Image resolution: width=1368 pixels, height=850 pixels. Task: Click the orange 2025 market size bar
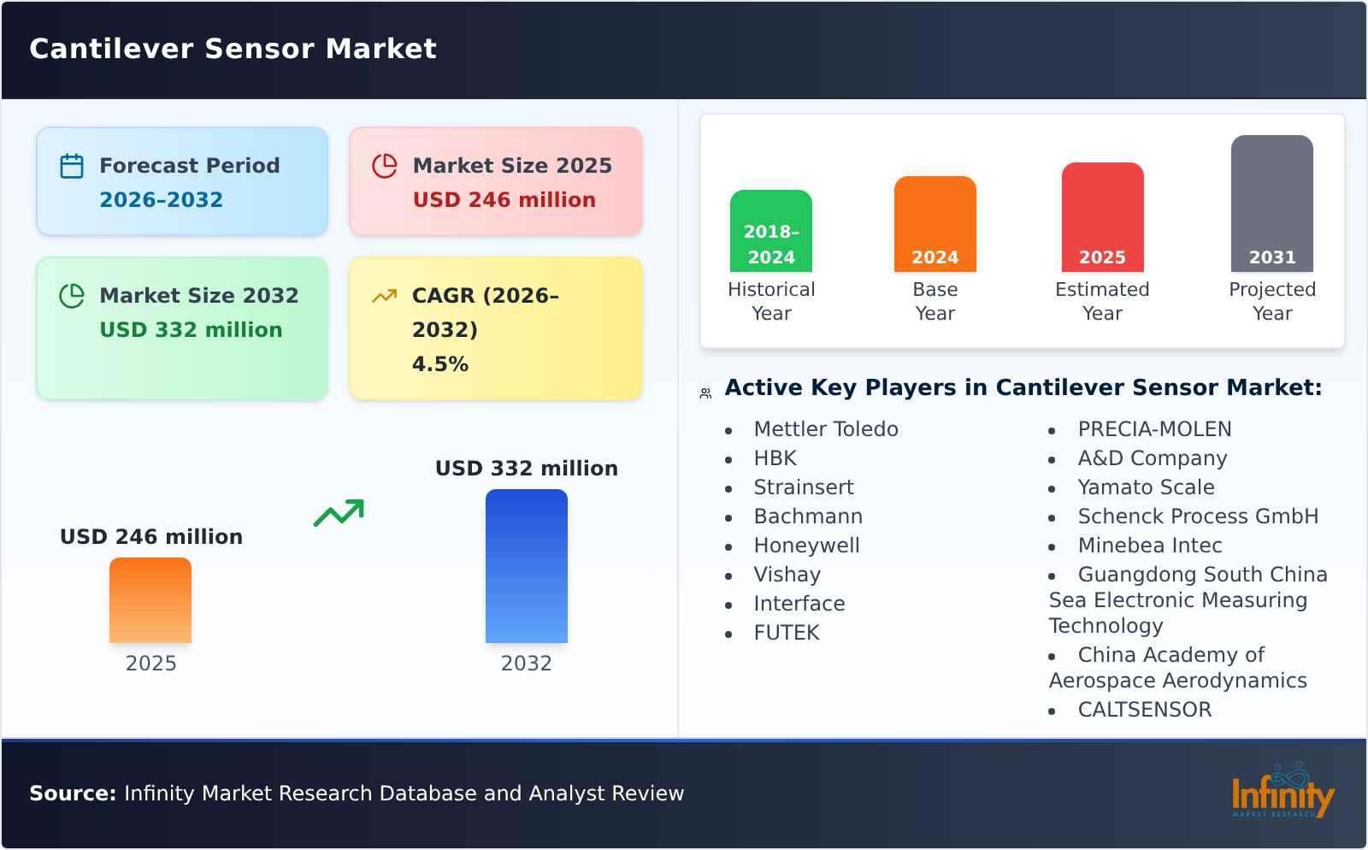pos(150,600)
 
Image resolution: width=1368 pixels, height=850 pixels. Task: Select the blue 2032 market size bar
pos(526,566)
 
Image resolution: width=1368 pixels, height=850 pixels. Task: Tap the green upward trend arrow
pos(339,513)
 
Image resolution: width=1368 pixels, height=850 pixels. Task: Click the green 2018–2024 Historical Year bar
pos(770,231)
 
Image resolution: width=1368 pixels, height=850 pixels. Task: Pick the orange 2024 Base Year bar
pos(935,224)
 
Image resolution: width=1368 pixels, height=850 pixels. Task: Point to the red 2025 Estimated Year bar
pos(1102,217)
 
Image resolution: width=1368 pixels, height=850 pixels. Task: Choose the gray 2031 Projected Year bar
pos(1271,204)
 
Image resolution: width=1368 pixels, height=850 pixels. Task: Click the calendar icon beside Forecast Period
pos(72,166)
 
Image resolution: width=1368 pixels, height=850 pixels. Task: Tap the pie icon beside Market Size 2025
pos(385,166)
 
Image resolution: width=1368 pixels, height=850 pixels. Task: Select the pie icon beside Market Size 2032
pos(72,296)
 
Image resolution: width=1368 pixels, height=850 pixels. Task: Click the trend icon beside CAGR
pos(385,296)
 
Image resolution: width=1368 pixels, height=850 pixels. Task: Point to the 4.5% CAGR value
pos(440,364)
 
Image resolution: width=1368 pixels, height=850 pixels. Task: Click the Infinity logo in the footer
pos(1282,793)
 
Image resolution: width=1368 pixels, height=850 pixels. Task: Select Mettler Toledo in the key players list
pos(826,429)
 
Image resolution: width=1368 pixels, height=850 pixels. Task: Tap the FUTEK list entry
pos(787,633)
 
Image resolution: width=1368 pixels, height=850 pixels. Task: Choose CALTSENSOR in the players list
pos(1144,710)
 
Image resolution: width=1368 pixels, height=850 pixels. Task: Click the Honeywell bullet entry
pos(806,546)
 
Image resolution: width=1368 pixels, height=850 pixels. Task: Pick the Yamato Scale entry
pos(1146,487)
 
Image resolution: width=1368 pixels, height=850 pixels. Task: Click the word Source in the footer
pos(73,794)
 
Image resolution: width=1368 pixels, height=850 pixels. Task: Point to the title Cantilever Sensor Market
pos(233,49)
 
